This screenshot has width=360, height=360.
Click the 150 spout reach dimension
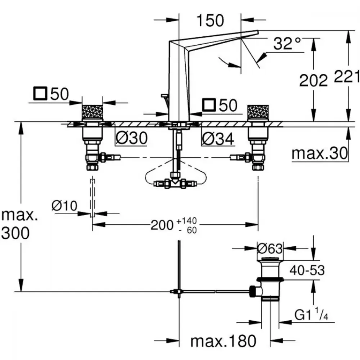210,21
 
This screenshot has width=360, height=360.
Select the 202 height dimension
314,80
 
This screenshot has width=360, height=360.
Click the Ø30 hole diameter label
131,138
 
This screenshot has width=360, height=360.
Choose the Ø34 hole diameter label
218,139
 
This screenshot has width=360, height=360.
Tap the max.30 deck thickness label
320,153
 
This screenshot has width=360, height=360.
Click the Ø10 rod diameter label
64,206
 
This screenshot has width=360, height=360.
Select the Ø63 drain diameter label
270,248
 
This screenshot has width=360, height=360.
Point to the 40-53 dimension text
307,270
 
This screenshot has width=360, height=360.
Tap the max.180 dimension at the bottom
223,341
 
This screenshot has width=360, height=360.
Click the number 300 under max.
15,233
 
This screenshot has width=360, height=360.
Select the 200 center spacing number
162,225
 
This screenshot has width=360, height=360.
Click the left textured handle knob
92,112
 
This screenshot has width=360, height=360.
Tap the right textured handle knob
258,112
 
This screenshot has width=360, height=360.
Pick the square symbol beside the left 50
40,94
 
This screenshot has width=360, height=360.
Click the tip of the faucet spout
258,32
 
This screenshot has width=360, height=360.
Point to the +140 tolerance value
186,221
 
